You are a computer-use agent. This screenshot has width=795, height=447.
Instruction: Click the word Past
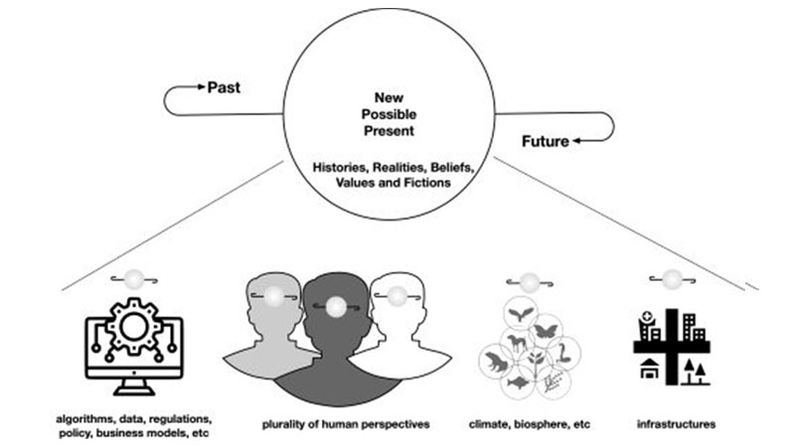tap(224, 87)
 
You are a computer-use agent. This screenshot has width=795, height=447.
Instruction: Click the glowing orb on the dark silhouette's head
tap(336, 305)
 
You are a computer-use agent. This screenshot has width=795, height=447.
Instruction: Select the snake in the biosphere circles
tap(563, 351)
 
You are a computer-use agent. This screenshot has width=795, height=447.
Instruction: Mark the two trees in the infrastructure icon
tap(696, 372)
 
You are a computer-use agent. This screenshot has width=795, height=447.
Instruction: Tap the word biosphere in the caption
tap(532, 425)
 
